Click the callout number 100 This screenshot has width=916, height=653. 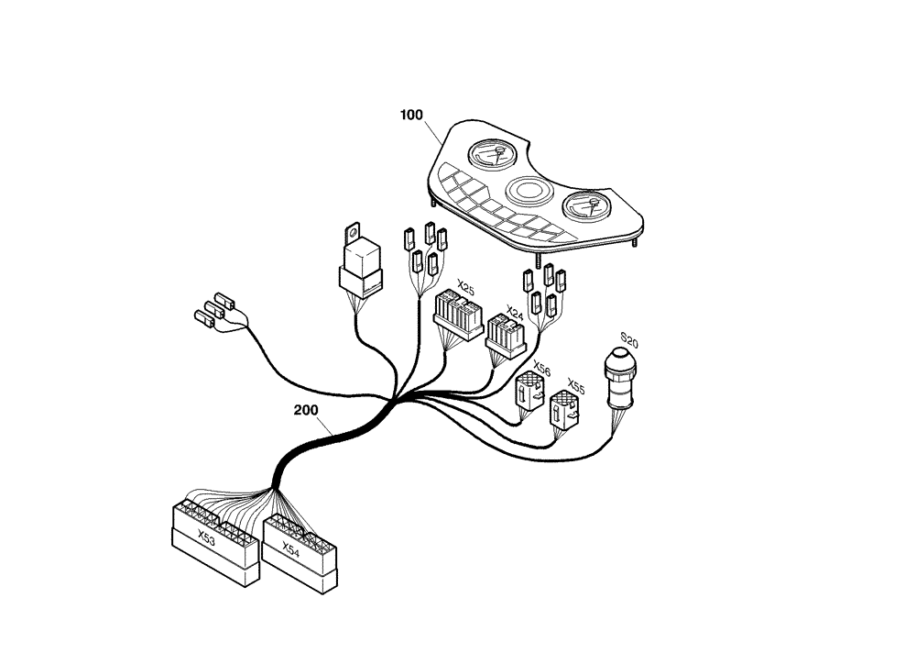[411, 116]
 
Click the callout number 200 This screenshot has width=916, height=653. [306, 409]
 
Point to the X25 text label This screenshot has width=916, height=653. [465, 287]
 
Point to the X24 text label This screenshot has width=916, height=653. [515, 314]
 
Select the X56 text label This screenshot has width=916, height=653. [541, 369]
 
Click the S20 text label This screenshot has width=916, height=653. [629, 343]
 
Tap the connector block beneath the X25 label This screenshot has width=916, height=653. [458, 315]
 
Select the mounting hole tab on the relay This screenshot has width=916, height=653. [353, 230]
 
